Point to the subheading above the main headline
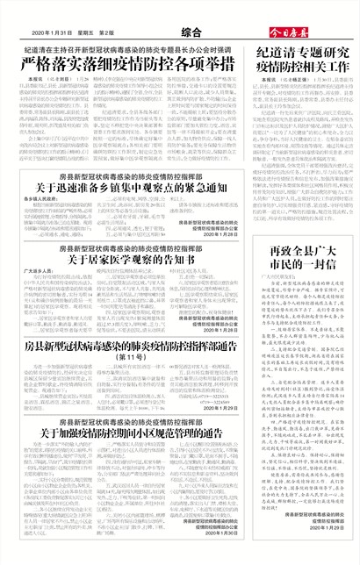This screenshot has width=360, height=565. (127, 50)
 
